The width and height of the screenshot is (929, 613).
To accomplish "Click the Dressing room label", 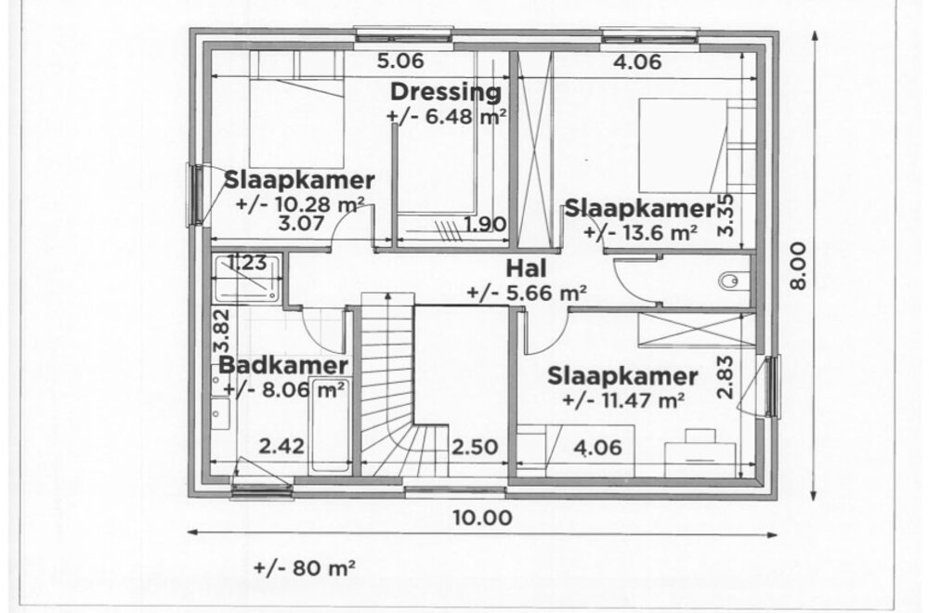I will [x=445, y=92].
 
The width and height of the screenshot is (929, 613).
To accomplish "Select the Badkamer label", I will [x=283, y=365].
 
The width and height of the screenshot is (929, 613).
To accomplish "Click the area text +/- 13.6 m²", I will [x=641, y=232].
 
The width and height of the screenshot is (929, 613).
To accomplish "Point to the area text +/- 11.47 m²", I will [x=623, y=400].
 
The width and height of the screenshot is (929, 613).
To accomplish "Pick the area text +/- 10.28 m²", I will [x=299, y=204].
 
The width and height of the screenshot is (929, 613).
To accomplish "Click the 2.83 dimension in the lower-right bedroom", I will [x=725, y=378].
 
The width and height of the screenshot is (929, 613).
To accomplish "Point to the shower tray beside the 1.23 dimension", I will [x=245, y=277].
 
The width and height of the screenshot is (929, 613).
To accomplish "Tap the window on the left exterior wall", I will [x=196, y=194].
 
